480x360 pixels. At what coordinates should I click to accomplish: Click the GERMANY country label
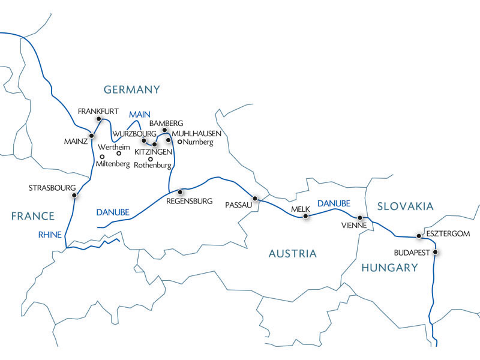click(132, 90)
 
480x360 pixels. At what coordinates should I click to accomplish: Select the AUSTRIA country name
click(292, 254)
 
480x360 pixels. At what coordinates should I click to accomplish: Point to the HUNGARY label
click(389, 268)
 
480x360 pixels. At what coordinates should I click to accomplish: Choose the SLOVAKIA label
click(405, 206)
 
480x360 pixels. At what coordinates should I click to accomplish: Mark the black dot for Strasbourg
click(74, 195)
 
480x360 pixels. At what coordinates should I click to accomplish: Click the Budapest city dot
click(436, 253)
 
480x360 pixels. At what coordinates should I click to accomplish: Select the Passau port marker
click(255, 198)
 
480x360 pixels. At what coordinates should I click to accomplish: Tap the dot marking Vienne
click(360, 218)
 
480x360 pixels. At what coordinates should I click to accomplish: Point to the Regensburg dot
click(180, 192)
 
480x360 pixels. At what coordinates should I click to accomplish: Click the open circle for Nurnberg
click(179, 142)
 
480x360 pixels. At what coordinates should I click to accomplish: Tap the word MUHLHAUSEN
click(197, 133)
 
